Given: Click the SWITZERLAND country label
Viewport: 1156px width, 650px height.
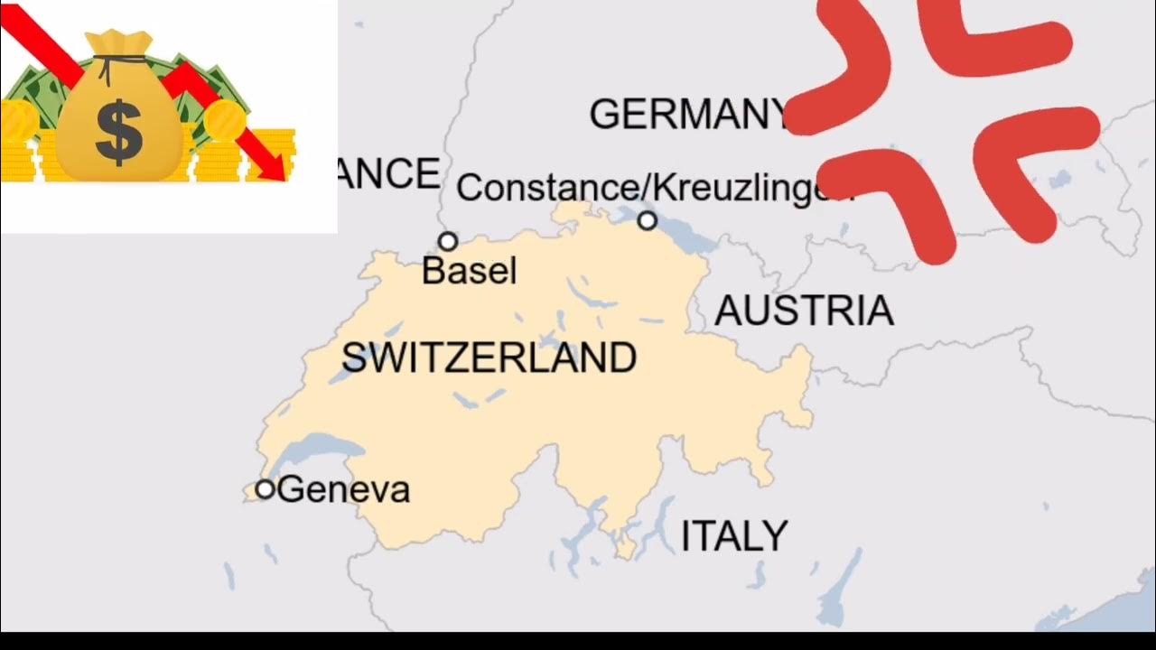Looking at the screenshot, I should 489,358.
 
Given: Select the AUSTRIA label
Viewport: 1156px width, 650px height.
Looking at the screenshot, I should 804,311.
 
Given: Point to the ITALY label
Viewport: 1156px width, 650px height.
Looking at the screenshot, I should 733,536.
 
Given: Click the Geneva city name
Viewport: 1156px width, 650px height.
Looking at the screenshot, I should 344,490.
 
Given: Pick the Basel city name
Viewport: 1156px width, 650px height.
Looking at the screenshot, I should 469,271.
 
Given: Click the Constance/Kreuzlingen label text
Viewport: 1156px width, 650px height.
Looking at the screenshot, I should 650,188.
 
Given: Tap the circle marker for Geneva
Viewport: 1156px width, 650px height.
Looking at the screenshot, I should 265,489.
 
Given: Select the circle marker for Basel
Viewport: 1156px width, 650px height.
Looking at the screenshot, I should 448,241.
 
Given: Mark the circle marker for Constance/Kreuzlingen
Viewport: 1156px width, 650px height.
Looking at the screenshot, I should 648,220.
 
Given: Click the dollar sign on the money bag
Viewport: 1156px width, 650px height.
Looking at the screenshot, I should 118,133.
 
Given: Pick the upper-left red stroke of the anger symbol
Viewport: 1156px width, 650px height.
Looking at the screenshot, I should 844,68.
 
